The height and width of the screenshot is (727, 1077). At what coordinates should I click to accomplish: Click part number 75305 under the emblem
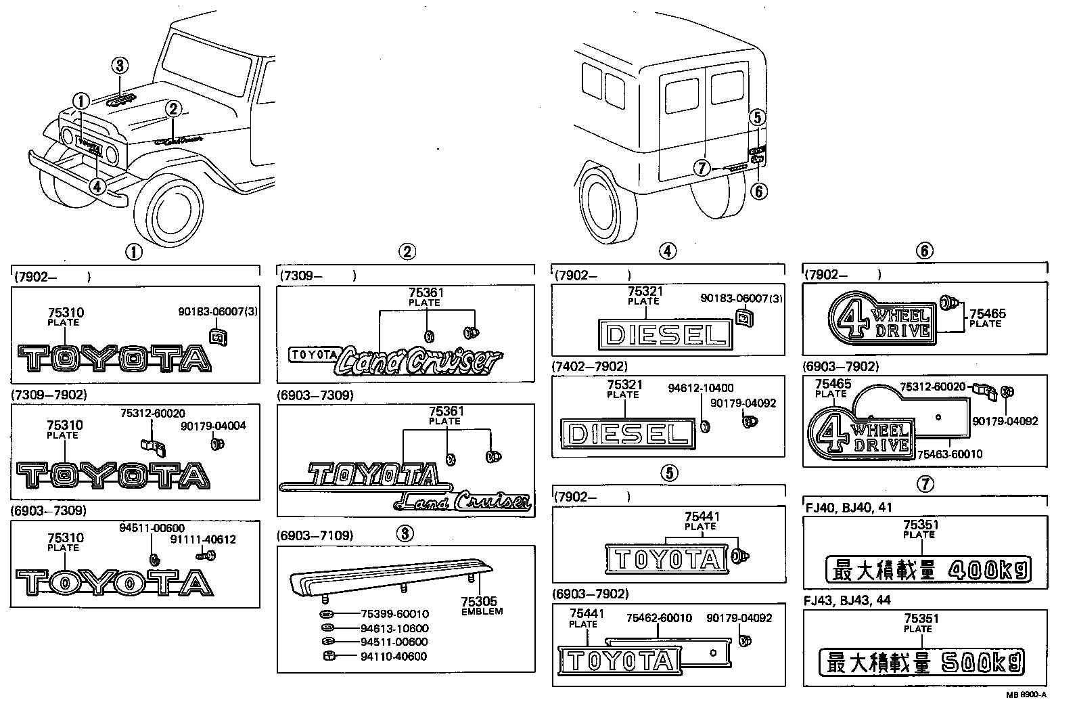pyautogui.click(x=478, y=601)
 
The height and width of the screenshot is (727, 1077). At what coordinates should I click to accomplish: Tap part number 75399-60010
pyautogui.click(x=394, y=614)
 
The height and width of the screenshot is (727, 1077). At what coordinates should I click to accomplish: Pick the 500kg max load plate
pyautogui.click(x=921, y=663)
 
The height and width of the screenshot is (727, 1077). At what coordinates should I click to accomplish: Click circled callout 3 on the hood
pyautogui.click(x=120, y=66)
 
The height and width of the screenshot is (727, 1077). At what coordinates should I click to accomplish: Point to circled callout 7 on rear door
pyautogui.click(x=703, y=167)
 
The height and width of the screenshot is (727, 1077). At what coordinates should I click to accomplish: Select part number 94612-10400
pyautogui.click(x=700, y=388)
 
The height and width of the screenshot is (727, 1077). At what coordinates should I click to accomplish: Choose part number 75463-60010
pyautogui.click(x=949, y=454)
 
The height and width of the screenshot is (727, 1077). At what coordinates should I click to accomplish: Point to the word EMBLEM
pyautogui.click(x=482, y=611)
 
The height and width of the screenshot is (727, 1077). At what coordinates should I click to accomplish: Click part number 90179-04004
pyautogui.click(x=213, y=426)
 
